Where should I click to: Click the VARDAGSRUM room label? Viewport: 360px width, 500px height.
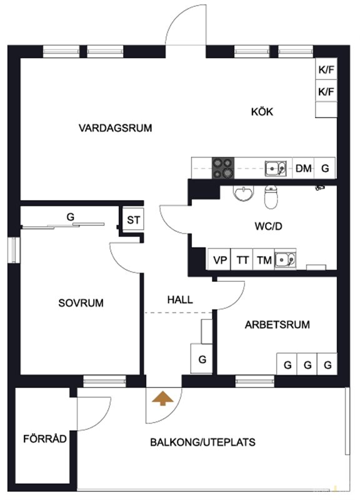[115, 128]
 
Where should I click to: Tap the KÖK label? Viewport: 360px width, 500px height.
[262, 112]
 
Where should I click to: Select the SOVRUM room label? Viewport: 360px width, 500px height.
[81, 302]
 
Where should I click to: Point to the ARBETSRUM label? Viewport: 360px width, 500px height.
[277, 324]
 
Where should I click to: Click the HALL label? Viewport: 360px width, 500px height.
[180, 300]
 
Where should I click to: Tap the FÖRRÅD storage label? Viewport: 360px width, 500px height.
[45, 439]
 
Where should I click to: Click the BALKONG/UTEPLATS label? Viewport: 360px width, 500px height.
[202, 442]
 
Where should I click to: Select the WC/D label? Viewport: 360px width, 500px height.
[269, 226]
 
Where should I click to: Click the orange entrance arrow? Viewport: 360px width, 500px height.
[162, 398]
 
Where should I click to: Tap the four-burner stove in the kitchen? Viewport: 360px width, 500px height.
[223, 168]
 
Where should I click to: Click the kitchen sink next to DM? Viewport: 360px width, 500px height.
[276, 168]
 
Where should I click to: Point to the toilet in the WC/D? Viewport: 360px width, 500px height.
[271, 197]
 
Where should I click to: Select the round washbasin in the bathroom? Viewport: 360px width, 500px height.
[244, 194]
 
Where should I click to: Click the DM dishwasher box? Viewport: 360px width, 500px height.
[303, 167]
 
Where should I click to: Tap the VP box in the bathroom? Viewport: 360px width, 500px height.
[220, 259]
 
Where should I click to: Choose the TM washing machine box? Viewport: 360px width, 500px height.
[264, 259]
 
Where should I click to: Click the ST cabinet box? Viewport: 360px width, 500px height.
[133, 219]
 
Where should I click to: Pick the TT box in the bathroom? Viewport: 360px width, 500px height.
[242, 259]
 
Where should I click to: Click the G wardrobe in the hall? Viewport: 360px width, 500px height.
[201, 358]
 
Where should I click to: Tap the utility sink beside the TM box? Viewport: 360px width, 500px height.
[286, 259]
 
